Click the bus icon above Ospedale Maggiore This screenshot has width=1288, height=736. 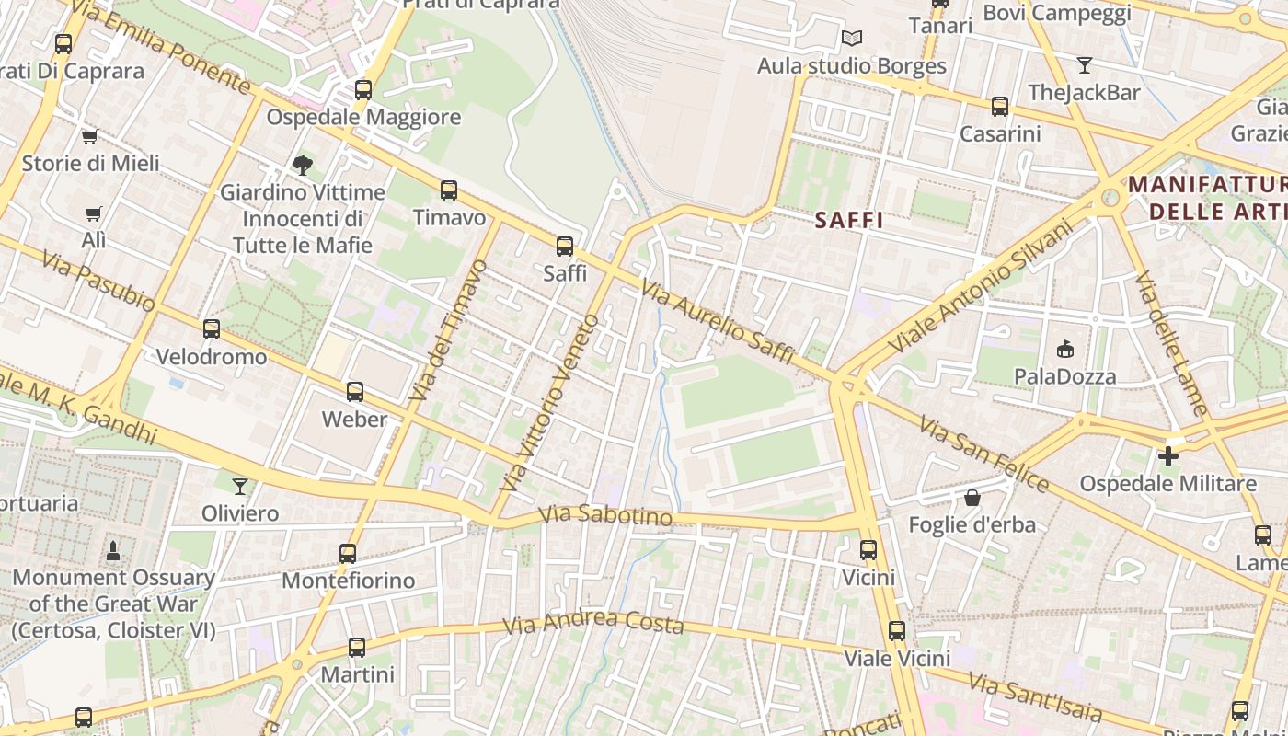tap(363, 90)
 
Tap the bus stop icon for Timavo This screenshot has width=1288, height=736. tap(449, 190)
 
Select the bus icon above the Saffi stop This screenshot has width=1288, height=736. tap(565, 247)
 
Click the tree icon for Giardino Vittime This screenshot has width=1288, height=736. tap(302, 166)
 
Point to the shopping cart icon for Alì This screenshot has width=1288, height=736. tap(93, 213)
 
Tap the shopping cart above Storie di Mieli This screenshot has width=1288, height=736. tap(89, 136)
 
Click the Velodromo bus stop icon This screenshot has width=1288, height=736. tap(212, 329)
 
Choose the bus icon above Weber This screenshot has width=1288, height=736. tap(355, 392)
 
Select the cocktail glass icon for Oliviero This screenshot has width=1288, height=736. tap(240, 486)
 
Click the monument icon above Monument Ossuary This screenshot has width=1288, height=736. tap(113, 550)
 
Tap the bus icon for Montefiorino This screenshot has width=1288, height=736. tap(348, 554)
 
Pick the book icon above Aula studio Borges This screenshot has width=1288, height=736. tap(852, 39)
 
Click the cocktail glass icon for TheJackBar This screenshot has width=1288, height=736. tap(1085, 65)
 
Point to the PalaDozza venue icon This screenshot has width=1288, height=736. tap(1065, 349)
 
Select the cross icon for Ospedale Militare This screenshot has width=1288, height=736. tap(1168, 456)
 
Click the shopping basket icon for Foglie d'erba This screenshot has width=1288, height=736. tap(972, 498)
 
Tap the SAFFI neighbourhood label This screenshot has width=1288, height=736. tap(849, 220)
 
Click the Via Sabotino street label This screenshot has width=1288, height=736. tap(605, 515)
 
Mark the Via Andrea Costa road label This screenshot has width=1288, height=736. tap(593, 622)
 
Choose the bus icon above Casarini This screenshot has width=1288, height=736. tap(1000, 107)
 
